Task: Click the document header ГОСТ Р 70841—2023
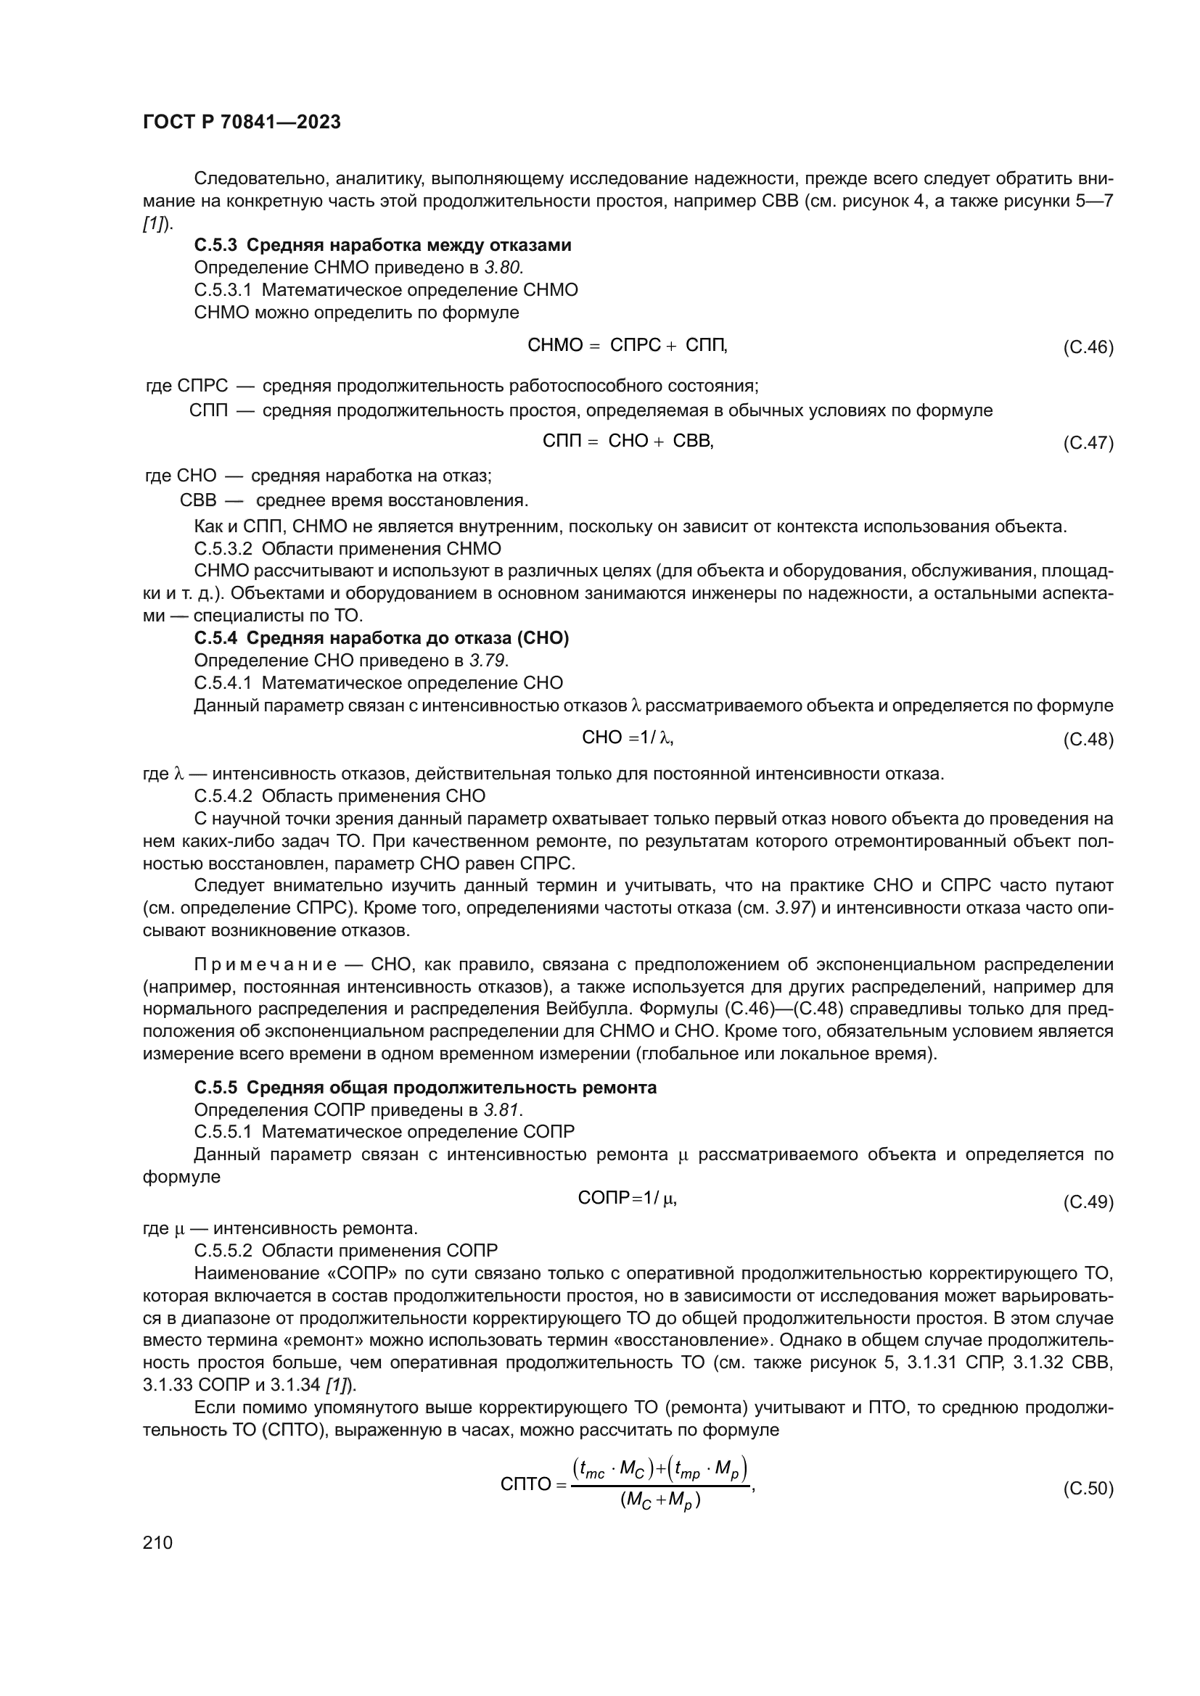(x=242, y=123)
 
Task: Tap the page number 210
(x=157, y=1542)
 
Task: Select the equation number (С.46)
(x=1088, y=347)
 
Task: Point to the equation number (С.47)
(x=1088, y=443)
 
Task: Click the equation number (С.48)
(x=1088, y=740)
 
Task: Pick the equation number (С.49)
(x=1088, y=1201)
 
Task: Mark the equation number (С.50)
(x=1088, y=1489)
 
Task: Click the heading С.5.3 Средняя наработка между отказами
(x=383, y=245)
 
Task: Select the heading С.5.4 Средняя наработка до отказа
(x=382, y=638)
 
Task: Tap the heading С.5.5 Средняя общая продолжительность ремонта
(x=425, y=1088)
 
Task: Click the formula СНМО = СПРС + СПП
(x=628, y=346)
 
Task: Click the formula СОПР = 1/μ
(x=628, y=1199)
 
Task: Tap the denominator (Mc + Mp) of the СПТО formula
(x=661, y=1501)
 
